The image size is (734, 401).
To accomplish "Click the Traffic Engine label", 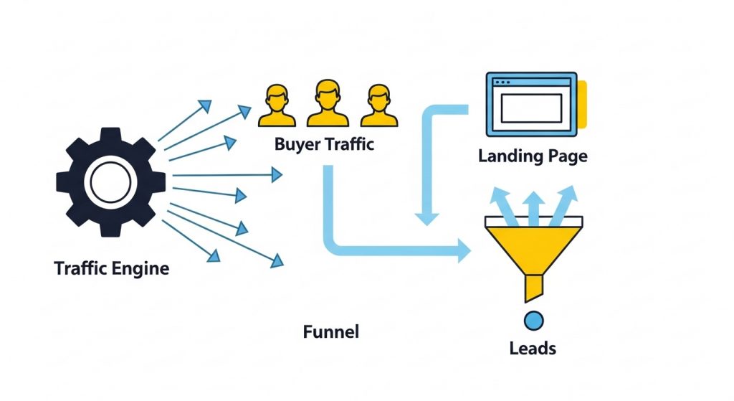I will click(x=112, y=269).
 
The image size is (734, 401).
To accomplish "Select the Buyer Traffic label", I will click(x=324, y=144).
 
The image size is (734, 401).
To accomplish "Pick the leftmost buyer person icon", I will click(x=277, y=106).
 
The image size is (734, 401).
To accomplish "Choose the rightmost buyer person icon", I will click(x=378, y=106).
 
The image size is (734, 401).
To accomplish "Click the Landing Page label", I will click(x=533, y=156).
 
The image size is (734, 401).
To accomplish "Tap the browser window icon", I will click(x=531, y=104).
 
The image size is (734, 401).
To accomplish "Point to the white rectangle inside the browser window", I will click(x=530, y=108).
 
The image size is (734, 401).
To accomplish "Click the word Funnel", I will click(x=330, y=332).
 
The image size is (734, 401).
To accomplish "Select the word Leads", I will click(x=533, y=349).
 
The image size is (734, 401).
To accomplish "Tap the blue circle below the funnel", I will click(x=533, y=320).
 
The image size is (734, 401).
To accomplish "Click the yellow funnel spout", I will click(x=533, y=288).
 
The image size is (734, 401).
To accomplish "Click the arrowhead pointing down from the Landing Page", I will click(x=428, y=217).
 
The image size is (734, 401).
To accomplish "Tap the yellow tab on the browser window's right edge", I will click(x=582, y=104).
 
